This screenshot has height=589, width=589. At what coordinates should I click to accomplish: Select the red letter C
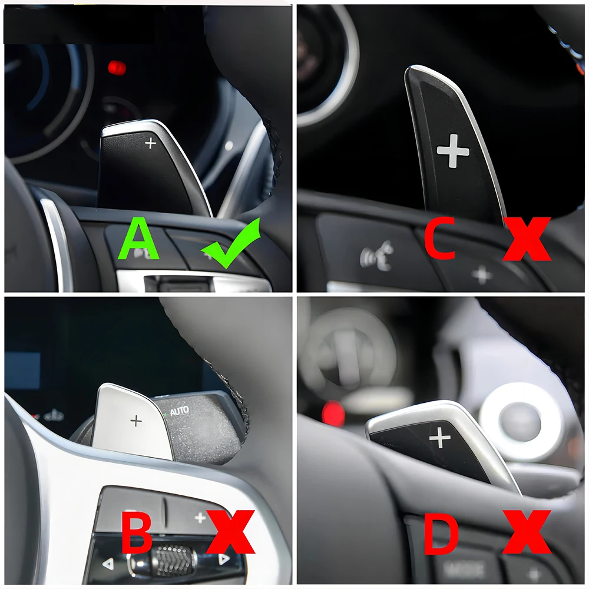coord(440,238)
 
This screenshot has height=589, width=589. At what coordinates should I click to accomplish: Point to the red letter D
coord(441,532)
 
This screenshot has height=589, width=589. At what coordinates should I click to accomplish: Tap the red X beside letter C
coord(527,239)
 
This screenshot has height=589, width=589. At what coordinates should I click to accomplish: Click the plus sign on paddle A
coord(151,143)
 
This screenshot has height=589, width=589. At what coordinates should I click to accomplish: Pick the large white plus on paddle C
coord(453,151)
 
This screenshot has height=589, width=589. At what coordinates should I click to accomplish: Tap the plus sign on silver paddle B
coord(136,421)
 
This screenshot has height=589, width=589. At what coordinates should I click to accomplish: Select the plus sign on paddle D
coord(440,438)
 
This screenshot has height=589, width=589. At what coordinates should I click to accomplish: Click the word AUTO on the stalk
coord(179,411)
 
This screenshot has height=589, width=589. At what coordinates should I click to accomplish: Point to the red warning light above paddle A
coord(117,68)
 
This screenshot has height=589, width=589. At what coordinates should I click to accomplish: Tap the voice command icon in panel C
coord(377,256)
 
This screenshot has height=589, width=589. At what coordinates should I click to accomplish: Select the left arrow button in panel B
coord(108,564)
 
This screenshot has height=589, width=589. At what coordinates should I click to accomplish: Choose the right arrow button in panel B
coord(224,560)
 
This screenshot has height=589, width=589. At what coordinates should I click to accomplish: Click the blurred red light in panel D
coord(333,413)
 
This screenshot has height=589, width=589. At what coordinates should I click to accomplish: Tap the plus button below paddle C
coord(482,275)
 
